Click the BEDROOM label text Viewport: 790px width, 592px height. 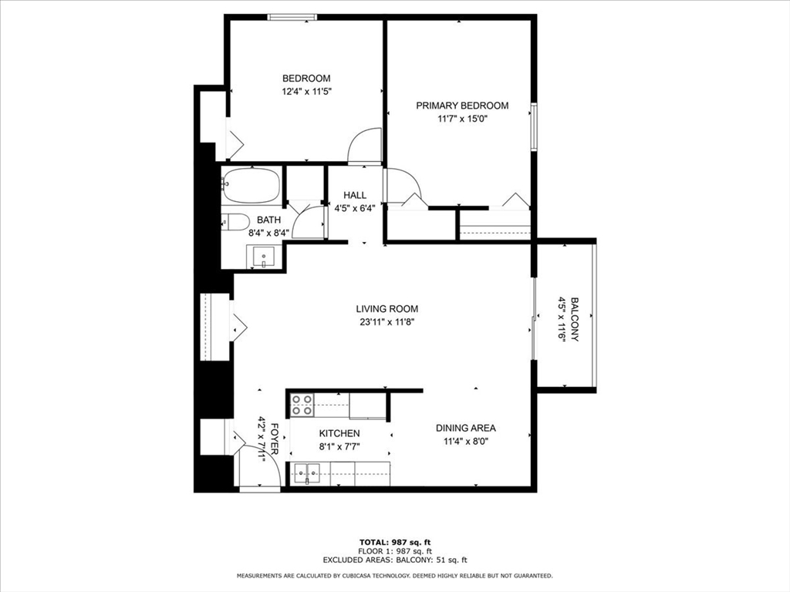coord(306,78)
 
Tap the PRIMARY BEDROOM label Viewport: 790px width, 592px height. coord(462,106)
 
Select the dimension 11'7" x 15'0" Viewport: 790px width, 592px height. coord(462,119)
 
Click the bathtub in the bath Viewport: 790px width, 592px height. coord(252,185)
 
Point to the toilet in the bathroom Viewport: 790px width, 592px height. coord(235,221)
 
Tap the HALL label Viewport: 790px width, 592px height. coord(355,195)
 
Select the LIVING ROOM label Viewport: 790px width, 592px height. coord(387,309)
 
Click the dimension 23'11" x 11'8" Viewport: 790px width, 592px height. coord(387,322)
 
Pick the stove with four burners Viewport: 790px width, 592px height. coord(302,405)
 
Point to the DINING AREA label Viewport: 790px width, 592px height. coord(465,428)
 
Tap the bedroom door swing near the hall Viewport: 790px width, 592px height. coord(364,146)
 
